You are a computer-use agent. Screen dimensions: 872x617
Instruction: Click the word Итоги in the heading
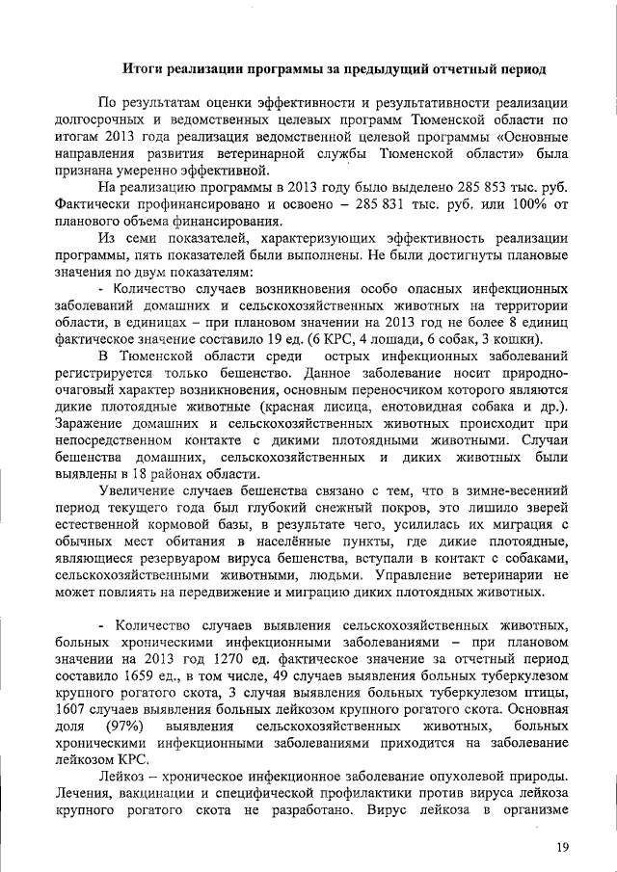(x=146, y=68)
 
